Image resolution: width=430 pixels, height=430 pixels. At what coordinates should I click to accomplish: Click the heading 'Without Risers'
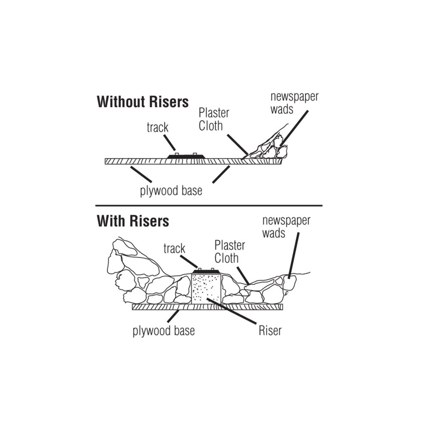[143, 102]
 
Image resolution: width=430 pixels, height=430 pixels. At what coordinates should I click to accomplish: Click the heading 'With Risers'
[133, 221]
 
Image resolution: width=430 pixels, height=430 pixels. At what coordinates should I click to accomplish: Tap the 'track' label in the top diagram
[157, 128]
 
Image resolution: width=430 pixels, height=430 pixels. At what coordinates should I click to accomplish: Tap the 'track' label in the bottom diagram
[174, 249]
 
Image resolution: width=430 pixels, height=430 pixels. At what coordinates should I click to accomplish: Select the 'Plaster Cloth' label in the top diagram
[214, 120]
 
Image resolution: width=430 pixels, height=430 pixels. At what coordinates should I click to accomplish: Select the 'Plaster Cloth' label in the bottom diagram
[230, 252]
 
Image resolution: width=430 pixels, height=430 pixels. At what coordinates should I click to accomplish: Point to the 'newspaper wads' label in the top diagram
[294, 103]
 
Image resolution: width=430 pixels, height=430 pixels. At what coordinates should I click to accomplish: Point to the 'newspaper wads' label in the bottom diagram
[286, 227]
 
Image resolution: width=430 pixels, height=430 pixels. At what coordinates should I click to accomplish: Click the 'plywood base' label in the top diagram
[171, 191]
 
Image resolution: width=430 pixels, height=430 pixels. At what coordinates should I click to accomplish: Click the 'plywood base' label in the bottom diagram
[163, 331]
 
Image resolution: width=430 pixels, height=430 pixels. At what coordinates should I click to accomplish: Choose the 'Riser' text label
[270, 331]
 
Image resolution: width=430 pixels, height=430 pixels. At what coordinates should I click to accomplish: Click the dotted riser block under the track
[206, 288]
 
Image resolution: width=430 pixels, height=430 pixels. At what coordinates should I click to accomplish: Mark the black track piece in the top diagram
[186, 157]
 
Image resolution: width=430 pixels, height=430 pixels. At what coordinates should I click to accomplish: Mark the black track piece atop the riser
[206, 271]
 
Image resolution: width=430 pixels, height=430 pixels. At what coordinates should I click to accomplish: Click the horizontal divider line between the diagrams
[209, 206]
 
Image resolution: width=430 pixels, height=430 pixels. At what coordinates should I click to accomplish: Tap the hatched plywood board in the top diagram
[193, 161]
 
